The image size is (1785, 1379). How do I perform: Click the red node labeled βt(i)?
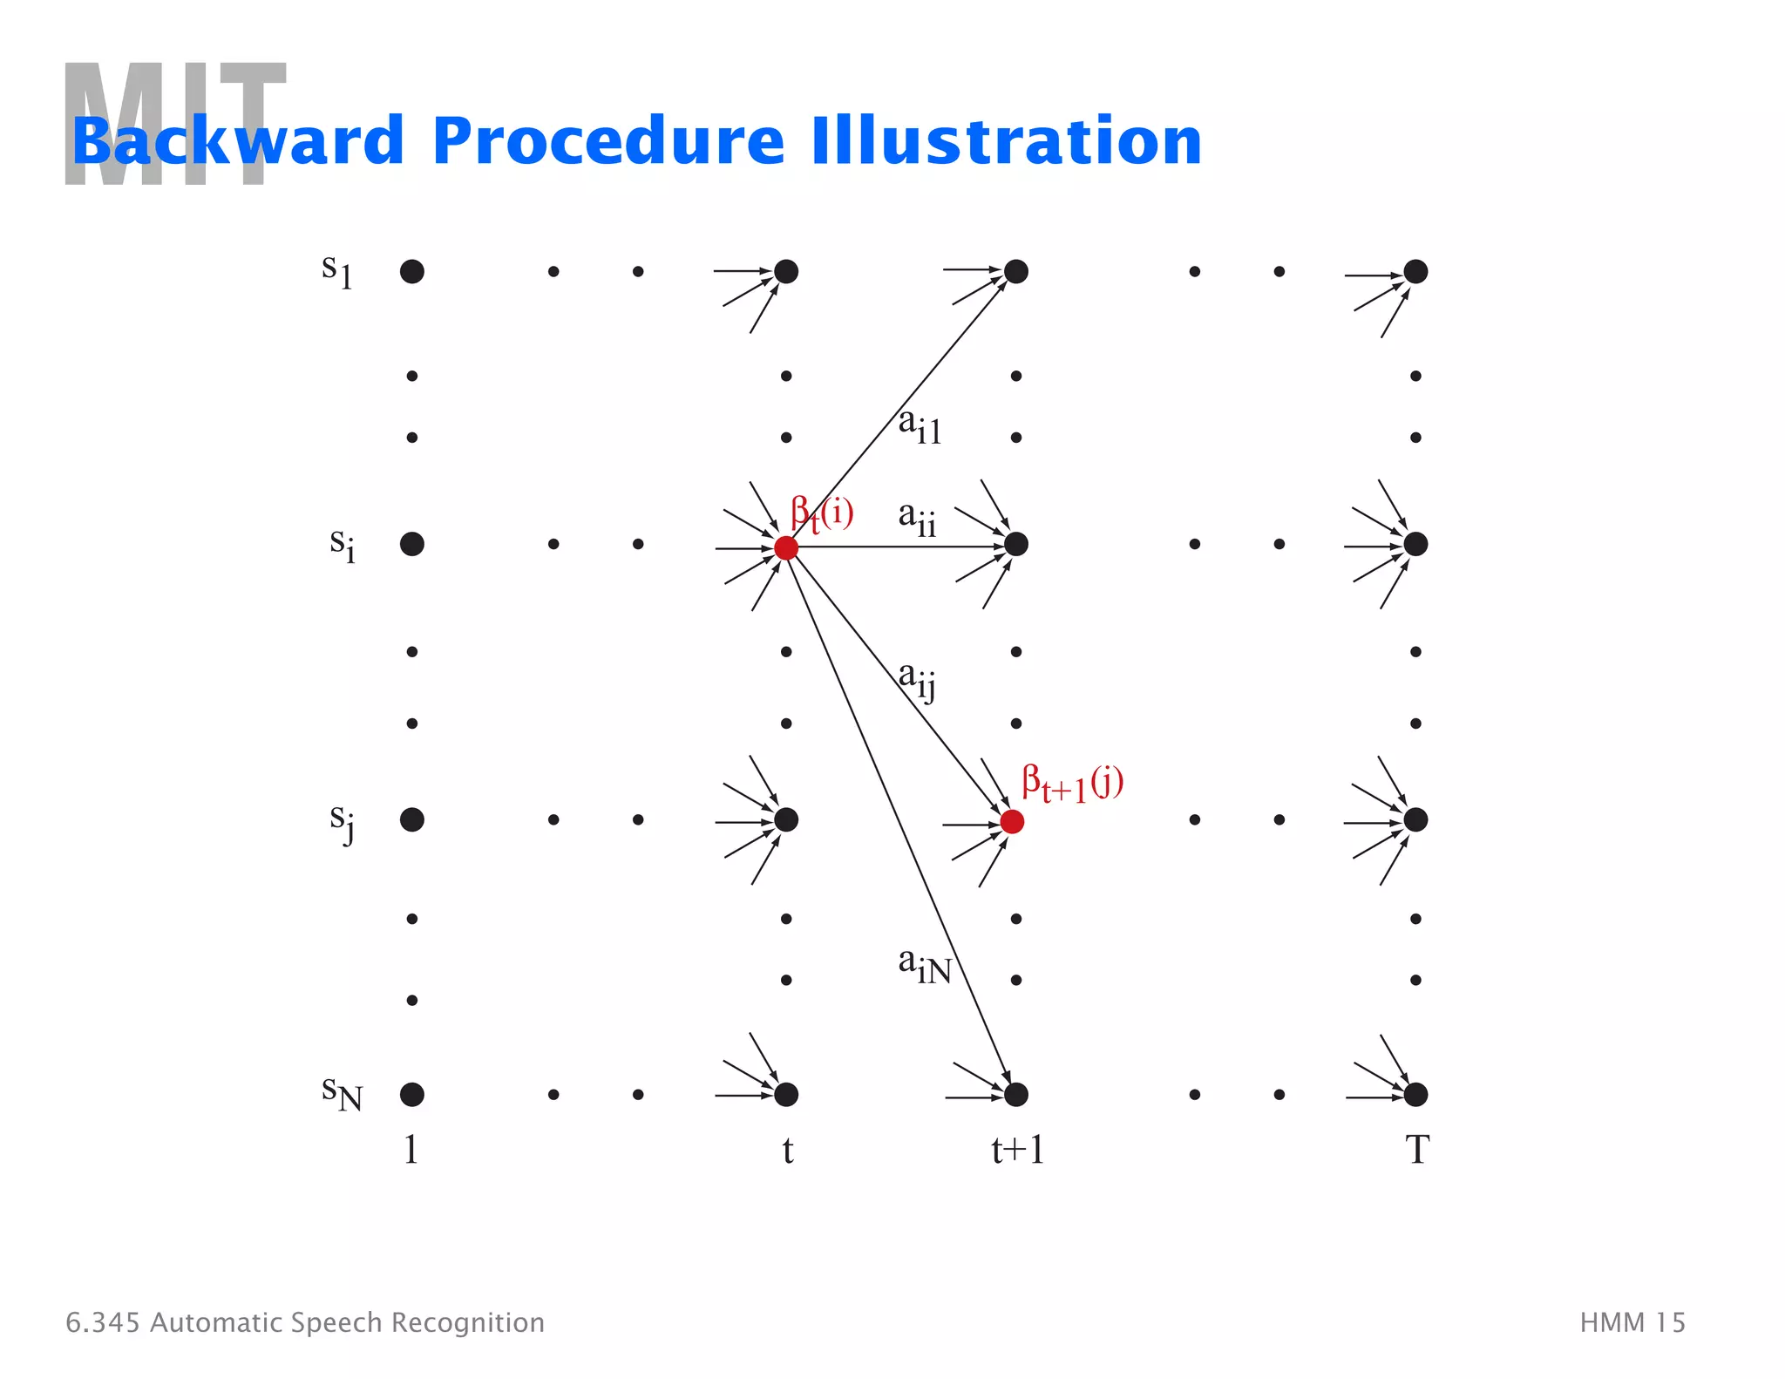tap(786, 547)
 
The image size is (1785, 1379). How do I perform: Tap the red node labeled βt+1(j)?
tap(1012, 821)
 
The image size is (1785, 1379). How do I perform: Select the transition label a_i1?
tap(920, 426)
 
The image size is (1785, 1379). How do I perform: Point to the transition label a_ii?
tap(917, 519)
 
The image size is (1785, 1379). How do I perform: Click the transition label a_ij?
tap(917, 679)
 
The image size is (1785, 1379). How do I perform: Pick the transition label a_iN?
tap(924, 966)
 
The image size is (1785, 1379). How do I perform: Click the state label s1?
tap(336, 270)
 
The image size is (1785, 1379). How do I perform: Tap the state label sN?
tap(341, 1092)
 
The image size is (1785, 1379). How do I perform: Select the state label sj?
tap(342, 822)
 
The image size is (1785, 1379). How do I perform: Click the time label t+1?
tap(1017, 1150)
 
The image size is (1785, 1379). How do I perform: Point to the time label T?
tap(1416, 1150)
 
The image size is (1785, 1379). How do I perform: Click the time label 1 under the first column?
tap(411, 1150)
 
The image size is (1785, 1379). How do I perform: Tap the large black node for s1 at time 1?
tap(412, 271)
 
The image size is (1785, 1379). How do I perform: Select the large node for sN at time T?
tap(1415, 1094)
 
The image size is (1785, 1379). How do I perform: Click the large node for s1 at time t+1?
tap(1016, 271)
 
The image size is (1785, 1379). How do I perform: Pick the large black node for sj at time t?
tap(786, 819)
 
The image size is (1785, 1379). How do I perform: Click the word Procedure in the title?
tap(607, 141)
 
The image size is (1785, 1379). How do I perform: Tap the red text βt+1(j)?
tap(1072, 783)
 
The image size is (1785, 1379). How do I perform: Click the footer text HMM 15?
tap(1632, 1322)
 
